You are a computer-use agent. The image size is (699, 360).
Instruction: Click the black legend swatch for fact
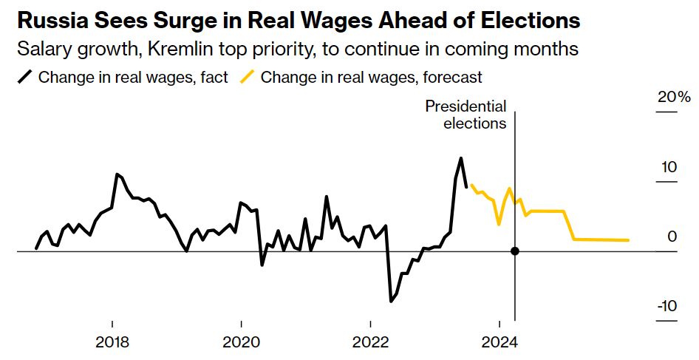click(24, 77)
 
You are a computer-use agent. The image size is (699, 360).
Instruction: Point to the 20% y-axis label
click(674, 98)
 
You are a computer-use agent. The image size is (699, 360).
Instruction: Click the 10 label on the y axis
click(668, 167)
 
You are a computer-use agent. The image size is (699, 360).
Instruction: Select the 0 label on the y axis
click(672, 237)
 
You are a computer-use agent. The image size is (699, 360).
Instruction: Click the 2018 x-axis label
click(112, 343)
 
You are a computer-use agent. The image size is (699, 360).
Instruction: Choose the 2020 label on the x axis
click(241, 343)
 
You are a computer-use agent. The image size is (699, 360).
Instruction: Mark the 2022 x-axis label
click(370, 343)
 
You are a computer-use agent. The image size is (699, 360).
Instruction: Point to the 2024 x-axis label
click(499, 343)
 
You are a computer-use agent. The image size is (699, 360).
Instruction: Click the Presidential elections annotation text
click(466, 115)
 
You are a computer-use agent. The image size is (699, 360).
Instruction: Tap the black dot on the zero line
click(515, 251)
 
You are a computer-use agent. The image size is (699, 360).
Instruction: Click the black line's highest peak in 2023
click(461, 158)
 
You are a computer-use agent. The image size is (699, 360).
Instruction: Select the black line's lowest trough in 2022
click(391, 302)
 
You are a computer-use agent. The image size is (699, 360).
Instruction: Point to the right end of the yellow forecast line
click(629, 240)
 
